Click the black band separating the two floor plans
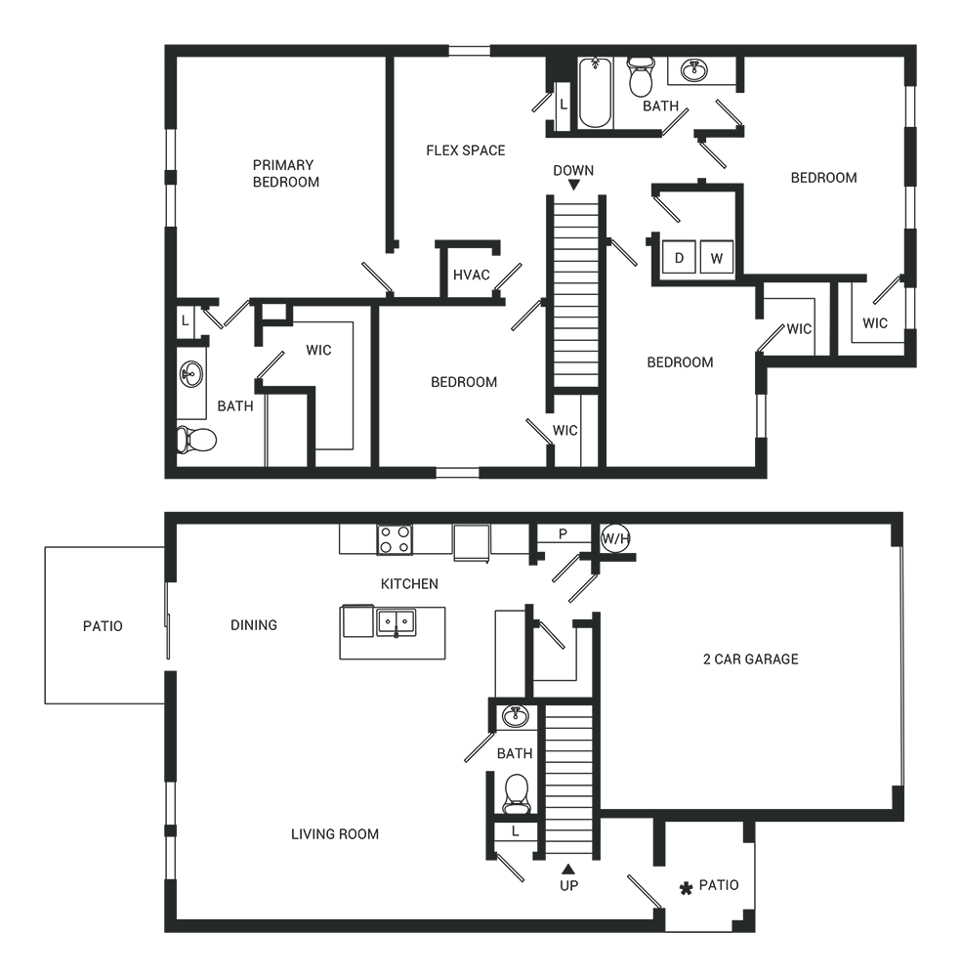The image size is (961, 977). pyautogui.click(x=480, y=494)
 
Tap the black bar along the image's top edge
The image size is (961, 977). pyautogui.click(x=480, y=21)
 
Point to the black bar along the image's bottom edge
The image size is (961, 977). pyautogui.click(x=480, y=956)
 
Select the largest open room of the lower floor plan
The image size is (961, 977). pyautogui.click(x=332, y=723)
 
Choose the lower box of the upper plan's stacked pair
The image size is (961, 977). pyautogui.click(x=697, y=258)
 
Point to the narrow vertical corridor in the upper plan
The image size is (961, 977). pyautogui.click(x=576, y=293)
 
